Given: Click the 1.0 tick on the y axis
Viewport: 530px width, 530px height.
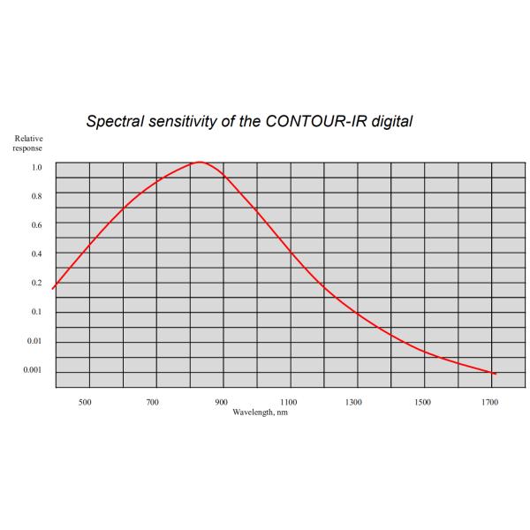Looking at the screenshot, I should (36, 167).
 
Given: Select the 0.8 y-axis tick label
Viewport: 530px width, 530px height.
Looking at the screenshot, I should (36, 196).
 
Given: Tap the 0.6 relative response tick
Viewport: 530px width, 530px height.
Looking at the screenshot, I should (36, 225).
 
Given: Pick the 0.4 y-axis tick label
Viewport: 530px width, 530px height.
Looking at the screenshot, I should (36, 254).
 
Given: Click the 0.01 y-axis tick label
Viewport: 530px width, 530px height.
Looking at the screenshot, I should (34, 341).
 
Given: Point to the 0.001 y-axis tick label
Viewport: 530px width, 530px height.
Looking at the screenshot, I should (32, 370).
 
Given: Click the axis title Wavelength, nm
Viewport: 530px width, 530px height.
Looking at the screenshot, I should (261, 412).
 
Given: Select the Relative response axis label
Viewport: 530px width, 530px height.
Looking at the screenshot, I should (26, 143).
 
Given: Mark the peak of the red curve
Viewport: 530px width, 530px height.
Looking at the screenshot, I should (200, 162).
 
